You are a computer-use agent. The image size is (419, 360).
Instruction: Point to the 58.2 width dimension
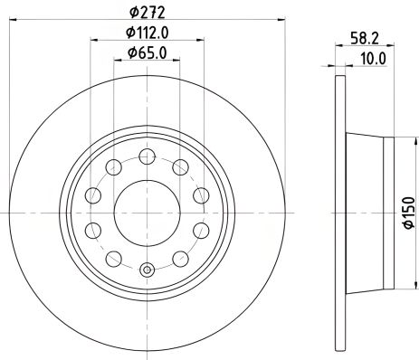[366, 39]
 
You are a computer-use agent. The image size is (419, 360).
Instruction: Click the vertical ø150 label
[409, 213]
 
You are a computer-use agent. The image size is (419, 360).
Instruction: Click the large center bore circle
[147, 212]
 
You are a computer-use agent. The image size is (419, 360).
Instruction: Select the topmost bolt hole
[147, 156]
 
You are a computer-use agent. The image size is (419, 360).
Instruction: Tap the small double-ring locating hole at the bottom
[147, 268]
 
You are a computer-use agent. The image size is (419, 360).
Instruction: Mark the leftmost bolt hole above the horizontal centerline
[93, 195]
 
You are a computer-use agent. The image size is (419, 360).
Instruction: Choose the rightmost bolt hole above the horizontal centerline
[199, 195]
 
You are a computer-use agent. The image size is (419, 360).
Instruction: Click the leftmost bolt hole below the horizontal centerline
[93, 229]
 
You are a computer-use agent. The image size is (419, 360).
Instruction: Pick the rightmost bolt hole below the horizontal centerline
[199, 229]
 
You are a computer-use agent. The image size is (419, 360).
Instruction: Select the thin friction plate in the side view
[339, 213]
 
